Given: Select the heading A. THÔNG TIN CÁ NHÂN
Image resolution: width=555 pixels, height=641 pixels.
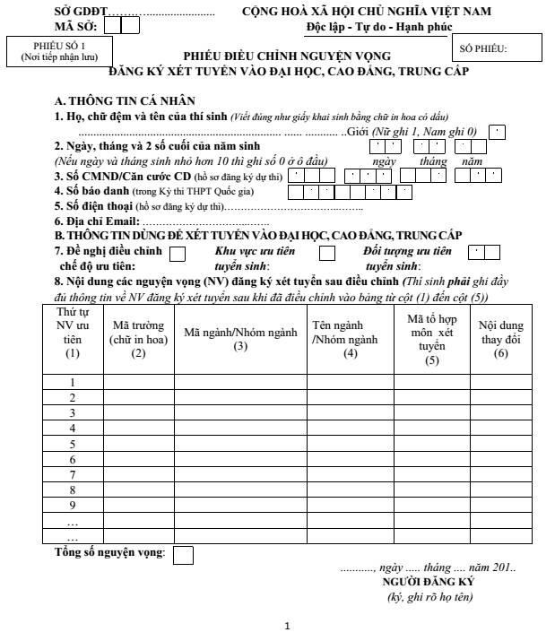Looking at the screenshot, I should point(125,101).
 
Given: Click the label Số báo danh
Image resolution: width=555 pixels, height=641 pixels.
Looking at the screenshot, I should point(89,191).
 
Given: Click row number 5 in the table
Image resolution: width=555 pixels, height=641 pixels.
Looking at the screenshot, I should point(72,445).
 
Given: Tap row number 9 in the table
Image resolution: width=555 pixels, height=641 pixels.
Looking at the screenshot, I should point(72,506).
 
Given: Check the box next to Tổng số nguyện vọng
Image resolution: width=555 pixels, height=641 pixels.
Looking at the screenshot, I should point(183,555).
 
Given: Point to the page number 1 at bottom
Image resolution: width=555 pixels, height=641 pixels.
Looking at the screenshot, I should point(287,626).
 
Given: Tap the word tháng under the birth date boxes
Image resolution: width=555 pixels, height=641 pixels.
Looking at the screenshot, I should point(433,160).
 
